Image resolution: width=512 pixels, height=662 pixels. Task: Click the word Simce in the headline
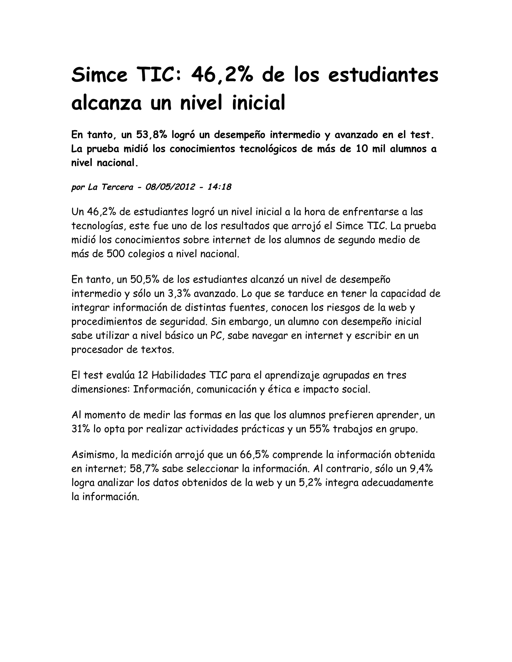tap(99, 75)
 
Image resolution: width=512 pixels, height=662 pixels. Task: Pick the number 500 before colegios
tap(115, 254)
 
